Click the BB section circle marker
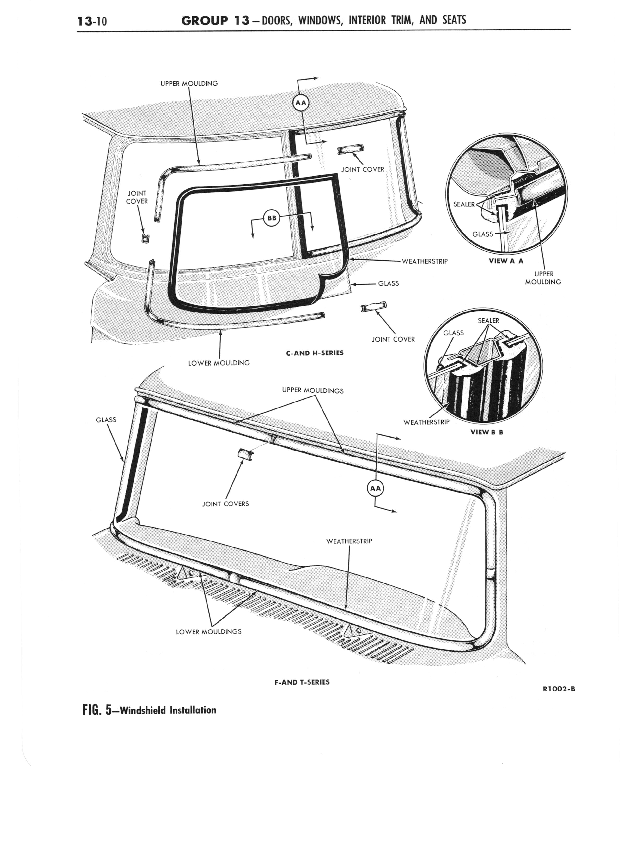point(272,218)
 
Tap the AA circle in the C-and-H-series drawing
point(300,102)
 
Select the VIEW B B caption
point(487,432)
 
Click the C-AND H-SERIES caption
point(315,353)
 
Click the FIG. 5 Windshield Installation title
point(149,710)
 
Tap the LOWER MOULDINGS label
point(208,632)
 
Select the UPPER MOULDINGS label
point(313,390)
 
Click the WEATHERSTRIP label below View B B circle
point(426,422)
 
